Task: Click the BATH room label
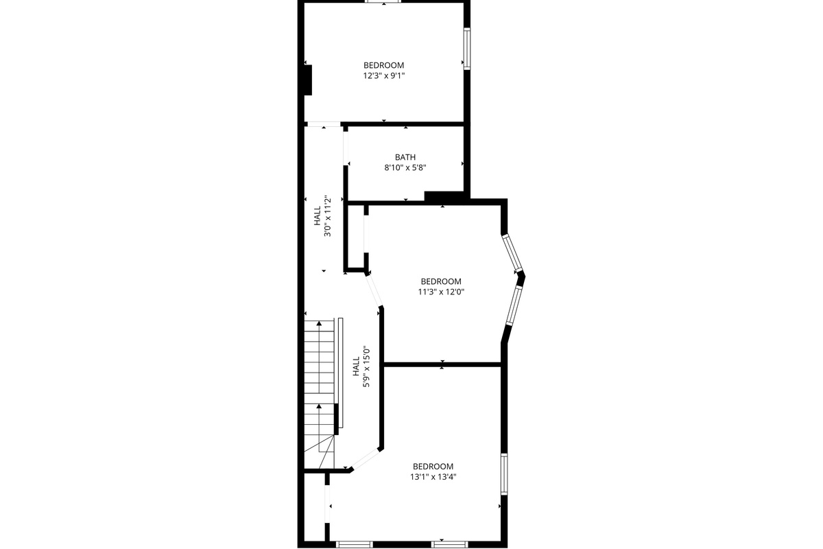pos(405,157)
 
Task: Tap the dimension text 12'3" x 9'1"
pos(384,76)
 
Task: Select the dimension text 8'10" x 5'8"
pos(405,168)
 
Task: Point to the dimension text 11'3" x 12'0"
pos(441,292)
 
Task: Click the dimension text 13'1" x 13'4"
pos(433,478)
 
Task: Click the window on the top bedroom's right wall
pos(467,49)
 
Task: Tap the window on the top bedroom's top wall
pos(383,1)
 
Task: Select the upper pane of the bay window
pos(512,253)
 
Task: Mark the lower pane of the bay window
pos(514,305)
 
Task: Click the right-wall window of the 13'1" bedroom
pos(504,474)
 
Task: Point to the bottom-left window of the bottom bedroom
pos(354,544)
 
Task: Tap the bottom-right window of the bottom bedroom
pos(450,544)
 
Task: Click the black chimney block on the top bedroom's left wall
pos(308,80)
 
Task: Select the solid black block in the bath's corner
pos(444,196)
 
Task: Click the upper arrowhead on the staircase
pos(319,323)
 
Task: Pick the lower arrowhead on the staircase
pos(319,406)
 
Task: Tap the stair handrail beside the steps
pos(341,373)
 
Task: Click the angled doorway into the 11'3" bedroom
pos(374,290)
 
